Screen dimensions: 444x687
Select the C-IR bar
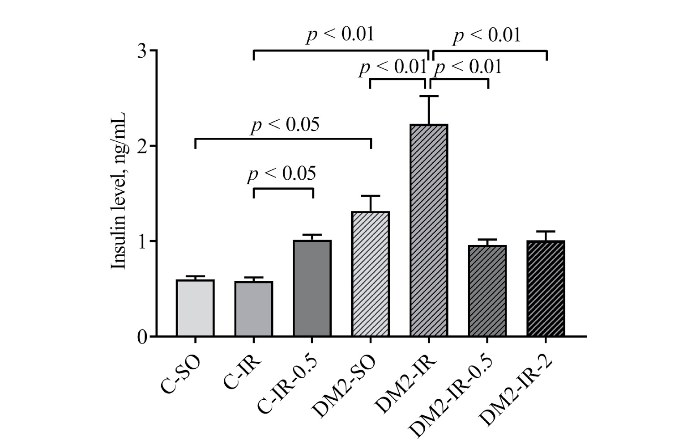[254, 309]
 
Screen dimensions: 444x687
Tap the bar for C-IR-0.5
[312, 288]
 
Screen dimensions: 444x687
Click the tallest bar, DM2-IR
[429, 230]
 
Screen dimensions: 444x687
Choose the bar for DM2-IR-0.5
[487, 291]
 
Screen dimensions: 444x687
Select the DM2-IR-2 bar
[546, 288]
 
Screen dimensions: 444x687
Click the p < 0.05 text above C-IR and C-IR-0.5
[282, 174]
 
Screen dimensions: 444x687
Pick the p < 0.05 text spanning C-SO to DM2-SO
[285, 125]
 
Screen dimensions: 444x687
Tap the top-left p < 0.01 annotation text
[340, 35]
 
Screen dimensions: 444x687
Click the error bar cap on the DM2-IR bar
[429, 96]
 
